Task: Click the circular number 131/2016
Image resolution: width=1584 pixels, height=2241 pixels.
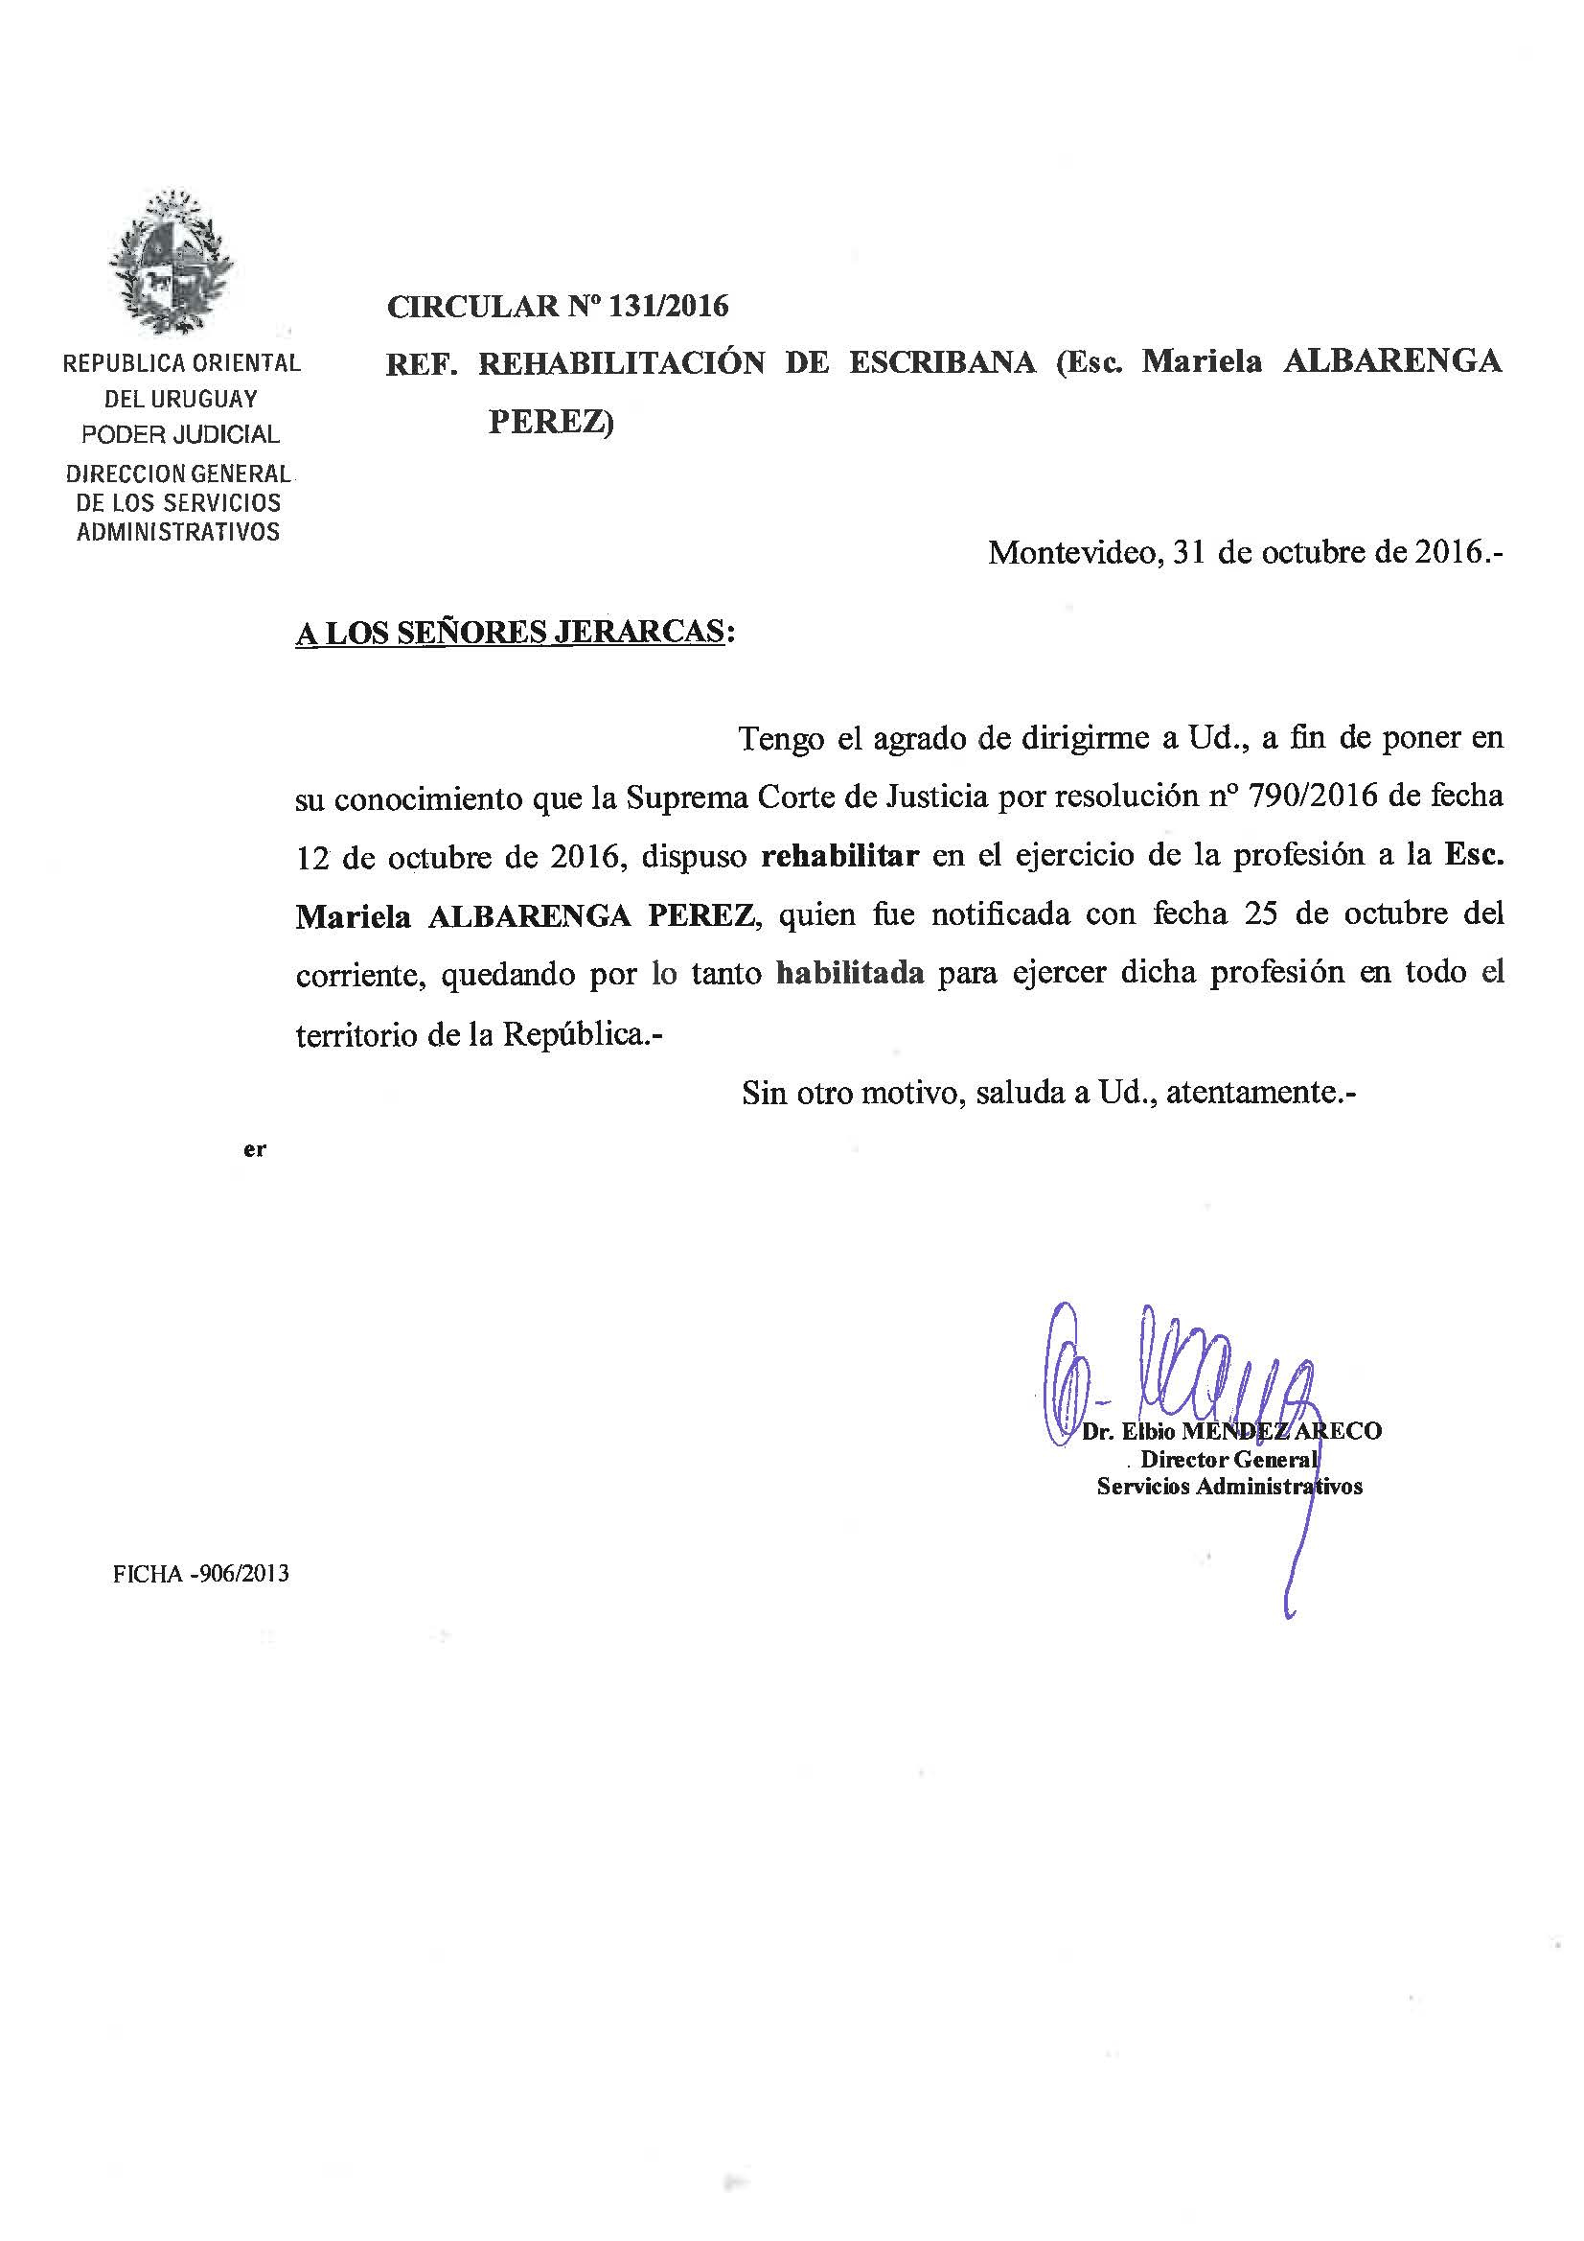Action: click(668, 307)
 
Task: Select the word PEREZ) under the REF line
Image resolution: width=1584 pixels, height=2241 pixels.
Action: click(550, 422)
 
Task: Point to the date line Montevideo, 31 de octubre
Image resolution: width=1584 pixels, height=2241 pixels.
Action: click(1245, 553)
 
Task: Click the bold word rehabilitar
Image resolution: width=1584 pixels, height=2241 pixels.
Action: click(839, 856)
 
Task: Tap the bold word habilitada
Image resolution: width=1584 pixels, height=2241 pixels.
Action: click(849, 973)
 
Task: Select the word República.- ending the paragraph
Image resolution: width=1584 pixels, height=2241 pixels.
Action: click(582, 1033)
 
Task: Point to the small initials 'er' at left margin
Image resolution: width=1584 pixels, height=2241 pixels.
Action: click(255, 1150)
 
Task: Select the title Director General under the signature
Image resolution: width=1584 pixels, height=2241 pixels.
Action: click(1228, 1459)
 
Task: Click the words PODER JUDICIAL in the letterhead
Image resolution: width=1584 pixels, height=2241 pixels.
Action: click(180, 434)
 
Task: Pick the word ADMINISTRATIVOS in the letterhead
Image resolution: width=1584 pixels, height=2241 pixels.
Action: click(178, 533)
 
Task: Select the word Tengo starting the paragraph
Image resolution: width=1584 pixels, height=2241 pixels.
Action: click(780, 738)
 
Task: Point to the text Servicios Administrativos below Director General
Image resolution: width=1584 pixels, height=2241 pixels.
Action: click(1228, 1487)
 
